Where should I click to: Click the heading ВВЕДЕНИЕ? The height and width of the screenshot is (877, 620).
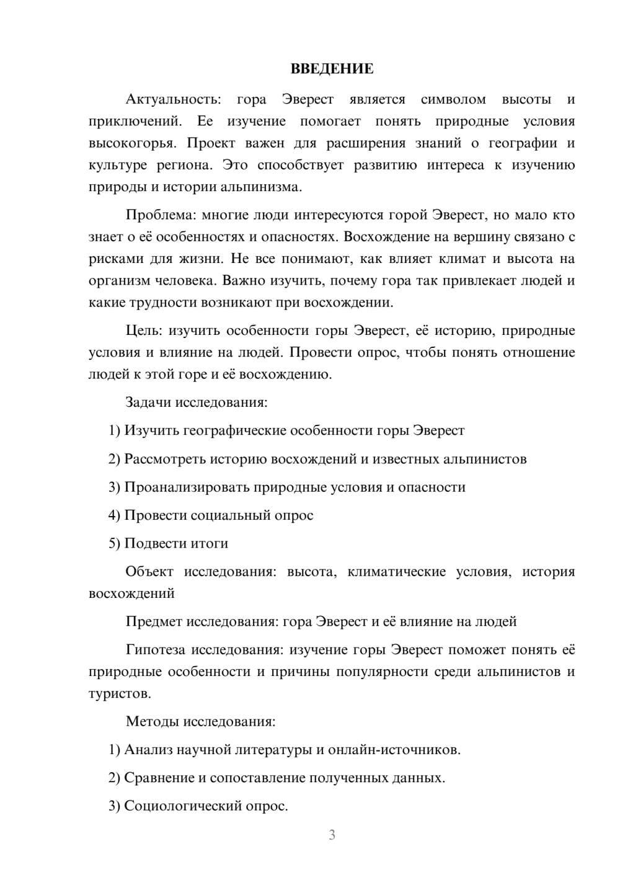[332, 69]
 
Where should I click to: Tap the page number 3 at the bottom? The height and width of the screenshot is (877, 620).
[332, 835]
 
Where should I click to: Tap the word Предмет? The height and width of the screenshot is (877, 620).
[155, 621]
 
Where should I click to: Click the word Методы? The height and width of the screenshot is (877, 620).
[151, 721]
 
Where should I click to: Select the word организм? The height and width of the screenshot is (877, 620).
[118, 280]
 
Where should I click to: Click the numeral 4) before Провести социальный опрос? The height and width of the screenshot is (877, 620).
[114, 515]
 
